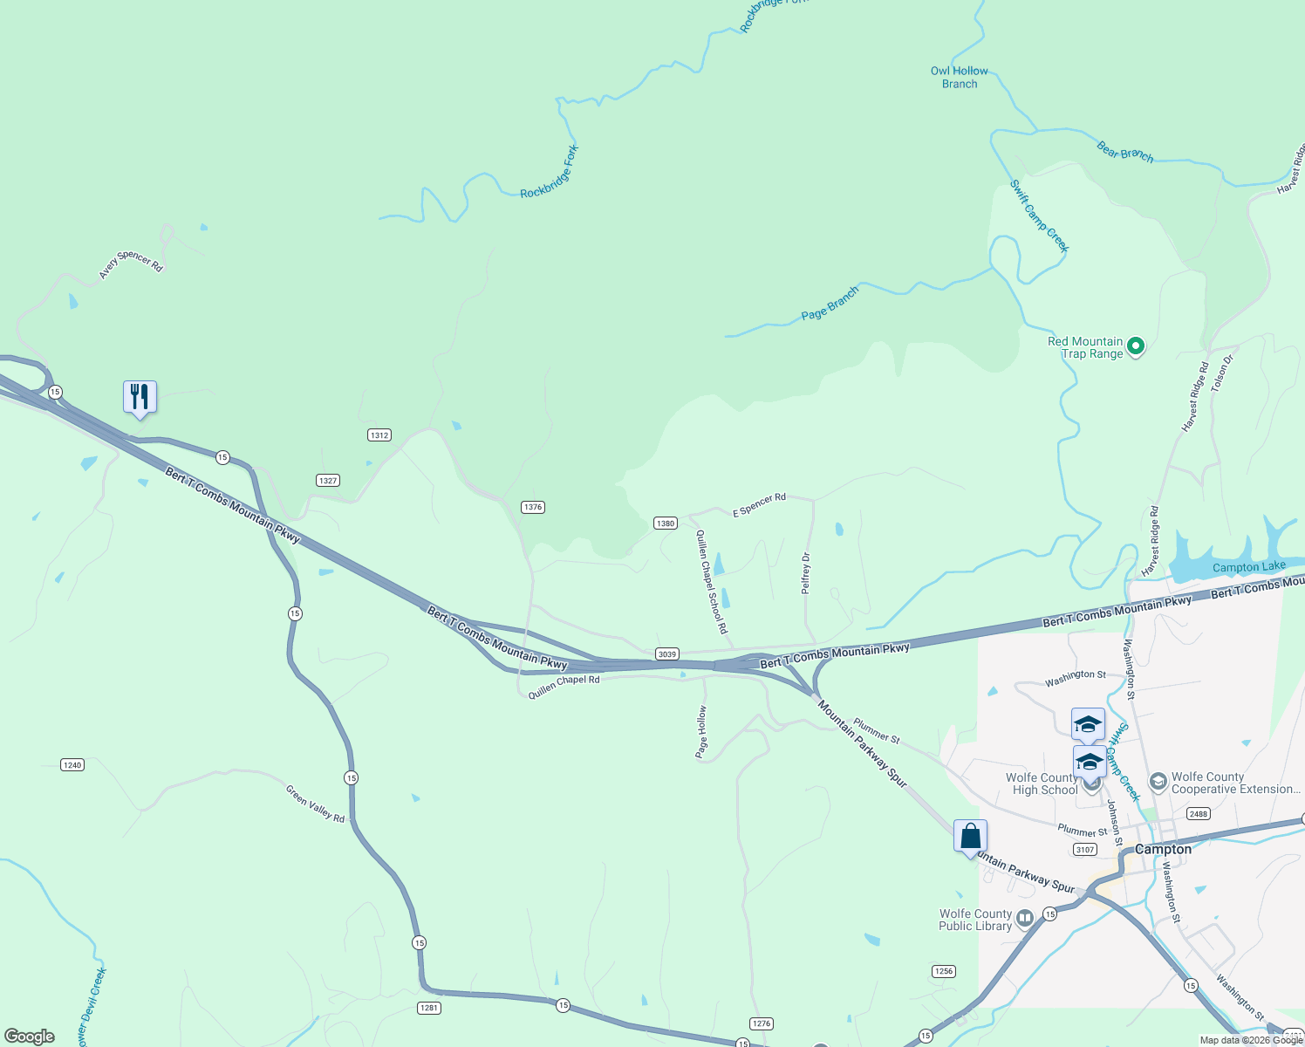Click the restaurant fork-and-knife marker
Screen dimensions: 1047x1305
pos(140,397)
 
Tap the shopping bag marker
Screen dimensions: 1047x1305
pos(970,837)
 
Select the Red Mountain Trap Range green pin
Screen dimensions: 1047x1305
pos(1136,346)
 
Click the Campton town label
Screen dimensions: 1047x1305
pos(1163,849)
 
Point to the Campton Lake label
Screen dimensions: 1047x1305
pos(1248,567)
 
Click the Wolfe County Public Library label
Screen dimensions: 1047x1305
pos(975,920)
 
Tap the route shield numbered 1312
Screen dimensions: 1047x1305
pos(379,435)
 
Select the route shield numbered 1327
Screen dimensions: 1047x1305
pos(328,480)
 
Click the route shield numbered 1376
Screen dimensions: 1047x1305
pos(533,507)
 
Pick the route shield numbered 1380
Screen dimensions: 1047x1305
pos(666,523)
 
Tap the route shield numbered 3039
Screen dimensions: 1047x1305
pos(667,654)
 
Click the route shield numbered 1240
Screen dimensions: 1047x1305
pos(72,764)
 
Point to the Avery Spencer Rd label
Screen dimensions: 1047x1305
pos(131,263)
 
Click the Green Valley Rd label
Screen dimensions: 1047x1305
pos(315,804)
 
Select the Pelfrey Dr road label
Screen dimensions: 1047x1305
pos(806,573)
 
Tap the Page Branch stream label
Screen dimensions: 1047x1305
pos(830,303)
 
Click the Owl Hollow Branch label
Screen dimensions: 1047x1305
pos(959,78)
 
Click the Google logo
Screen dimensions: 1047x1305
pos(29,1037)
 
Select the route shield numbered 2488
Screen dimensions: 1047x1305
pos(1199,813)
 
